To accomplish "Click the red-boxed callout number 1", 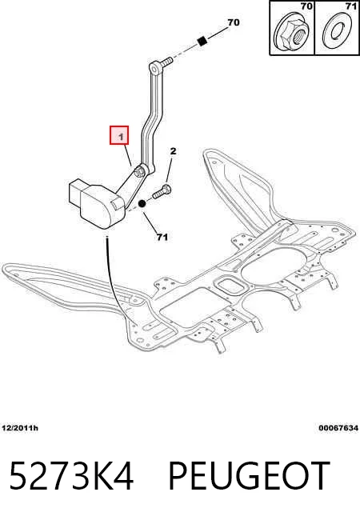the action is point(120,136).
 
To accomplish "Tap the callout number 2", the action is point(173,151).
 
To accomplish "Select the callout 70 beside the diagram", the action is point(233,22).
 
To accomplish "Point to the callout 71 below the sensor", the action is point(162,237).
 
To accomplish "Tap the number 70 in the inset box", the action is point(306,6).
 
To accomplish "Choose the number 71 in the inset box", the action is point(350,6).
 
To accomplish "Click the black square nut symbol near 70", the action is point(202,41).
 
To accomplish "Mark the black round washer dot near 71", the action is point(142,204).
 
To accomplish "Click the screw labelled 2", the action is point(162,191).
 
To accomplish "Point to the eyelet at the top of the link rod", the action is point(154,68).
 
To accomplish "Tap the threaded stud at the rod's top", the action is point(166,61).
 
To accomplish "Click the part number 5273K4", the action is point(71,475).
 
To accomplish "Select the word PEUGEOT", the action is point(250,475).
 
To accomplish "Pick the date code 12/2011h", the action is point(20,428).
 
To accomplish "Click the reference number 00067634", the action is point(338,428).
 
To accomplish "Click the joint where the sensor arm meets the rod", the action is point(139,171).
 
